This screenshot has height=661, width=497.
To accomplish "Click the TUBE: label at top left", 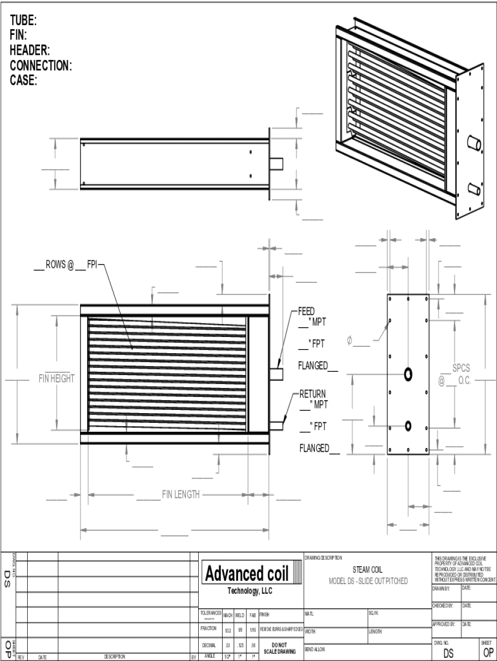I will point(23,21).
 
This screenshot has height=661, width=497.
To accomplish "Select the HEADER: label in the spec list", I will point(30,50).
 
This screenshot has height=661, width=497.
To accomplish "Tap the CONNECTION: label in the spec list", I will point(41,65).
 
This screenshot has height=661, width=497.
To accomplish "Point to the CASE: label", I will point(23,81).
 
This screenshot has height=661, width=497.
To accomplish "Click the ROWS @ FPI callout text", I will point(71,264).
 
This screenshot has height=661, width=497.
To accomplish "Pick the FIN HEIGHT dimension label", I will point(56,378).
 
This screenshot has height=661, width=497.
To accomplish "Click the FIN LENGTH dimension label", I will point(181,494).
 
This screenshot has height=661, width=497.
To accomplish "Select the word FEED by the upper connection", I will point(307,311).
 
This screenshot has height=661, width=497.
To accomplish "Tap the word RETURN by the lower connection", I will point(312,394).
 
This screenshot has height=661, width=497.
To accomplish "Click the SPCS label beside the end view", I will point(461,368).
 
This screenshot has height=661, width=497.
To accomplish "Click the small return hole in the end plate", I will point(408,425).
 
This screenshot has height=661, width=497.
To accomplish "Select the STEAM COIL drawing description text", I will point(367,570).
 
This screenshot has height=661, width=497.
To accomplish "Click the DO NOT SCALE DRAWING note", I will point(279,647).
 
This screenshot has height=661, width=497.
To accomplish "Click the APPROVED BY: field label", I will point(444,624).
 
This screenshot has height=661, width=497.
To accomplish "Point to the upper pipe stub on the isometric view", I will point(475,143).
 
